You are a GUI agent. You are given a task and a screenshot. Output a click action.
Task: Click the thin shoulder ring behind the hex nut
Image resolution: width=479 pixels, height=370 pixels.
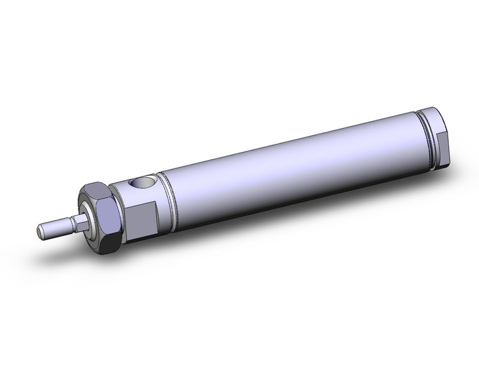(120, 211)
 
